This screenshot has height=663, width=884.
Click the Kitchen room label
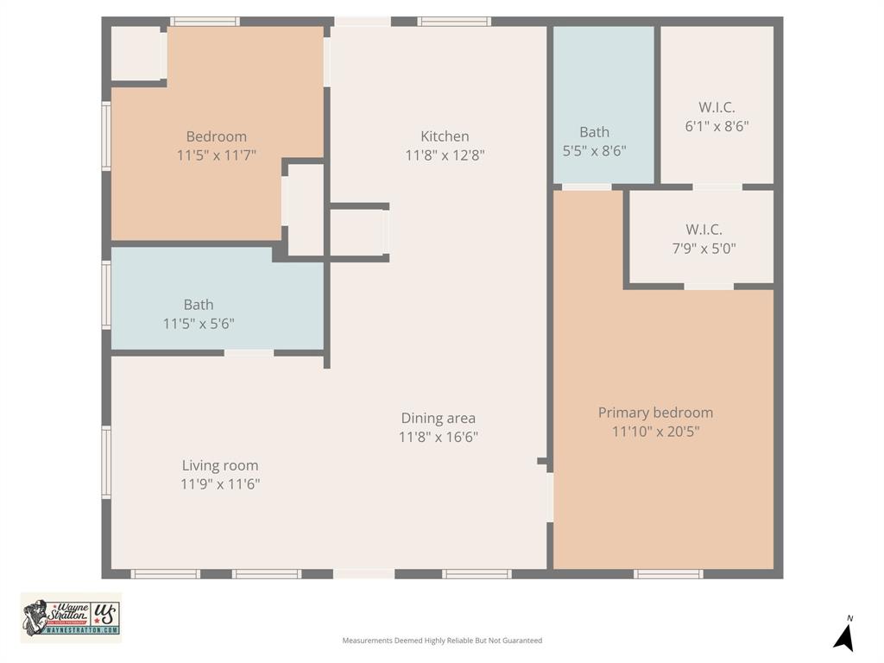click(445, 136)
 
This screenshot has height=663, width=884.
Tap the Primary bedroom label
click(655, 413)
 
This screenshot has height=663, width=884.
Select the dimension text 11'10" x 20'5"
click(655, 432)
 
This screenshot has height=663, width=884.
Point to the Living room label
click(220, 465)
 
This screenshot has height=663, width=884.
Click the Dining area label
click(438, 419)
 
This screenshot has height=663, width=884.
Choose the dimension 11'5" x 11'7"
click(217, 155)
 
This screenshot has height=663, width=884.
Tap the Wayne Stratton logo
click(71, 617)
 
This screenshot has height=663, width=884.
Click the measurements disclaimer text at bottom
click(442, 641)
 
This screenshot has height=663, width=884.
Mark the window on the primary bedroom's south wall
click(668, 574)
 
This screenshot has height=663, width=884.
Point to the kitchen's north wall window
click(454, 22)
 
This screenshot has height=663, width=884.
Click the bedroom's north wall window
click(205, 22)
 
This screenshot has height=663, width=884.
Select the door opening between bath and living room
click(249, 352)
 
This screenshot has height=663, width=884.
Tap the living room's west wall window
click(107, 463)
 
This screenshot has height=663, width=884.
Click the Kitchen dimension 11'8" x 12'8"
click(445, 155)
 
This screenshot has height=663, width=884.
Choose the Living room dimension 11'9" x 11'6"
click(220, 484)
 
